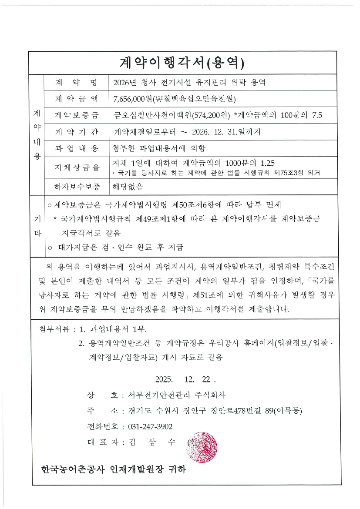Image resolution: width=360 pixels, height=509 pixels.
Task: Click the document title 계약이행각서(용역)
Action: (x=182, y=63)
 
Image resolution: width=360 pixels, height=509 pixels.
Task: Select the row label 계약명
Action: (x=76, y=83)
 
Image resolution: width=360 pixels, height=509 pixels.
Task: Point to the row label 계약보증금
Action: (x=76, y=115)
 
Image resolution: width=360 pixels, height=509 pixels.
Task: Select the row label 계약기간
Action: (x=76, y=131)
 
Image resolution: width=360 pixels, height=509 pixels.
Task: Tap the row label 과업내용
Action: (x=76, y=148)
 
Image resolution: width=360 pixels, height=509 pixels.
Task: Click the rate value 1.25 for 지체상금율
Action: (x=267, y=164)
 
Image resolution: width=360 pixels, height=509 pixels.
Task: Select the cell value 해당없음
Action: (x=128, y=187)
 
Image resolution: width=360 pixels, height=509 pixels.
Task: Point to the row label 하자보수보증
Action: (x=76, y=187)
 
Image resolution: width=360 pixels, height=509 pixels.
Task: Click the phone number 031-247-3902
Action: (x=150, y=426)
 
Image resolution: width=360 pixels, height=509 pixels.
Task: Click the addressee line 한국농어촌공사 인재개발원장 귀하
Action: (x=113, y=470)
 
